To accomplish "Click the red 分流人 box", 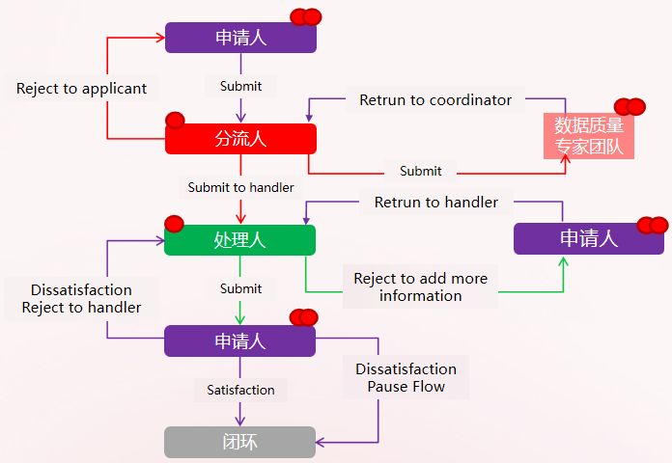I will point(240,139).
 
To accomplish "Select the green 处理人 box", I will point(239,240).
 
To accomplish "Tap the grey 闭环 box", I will point(239,442).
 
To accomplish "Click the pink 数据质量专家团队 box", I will point(589,137).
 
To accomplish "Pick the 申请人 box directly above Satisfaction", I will point(239,340).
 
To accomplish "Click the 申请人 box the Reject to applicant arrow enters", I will point(240,38).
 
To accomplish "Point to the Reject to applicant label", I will point(82,89).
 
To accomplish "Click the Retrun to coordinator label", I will point(435,99).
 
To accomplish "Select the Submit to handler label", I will point(240,187).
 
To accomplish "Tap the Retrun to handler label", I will point(436,202).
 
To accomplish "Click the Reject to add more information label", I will point(420,286).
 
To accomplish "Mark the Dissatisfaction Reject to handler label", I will point(81,298).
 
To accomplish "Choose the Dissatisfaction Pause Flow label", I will point(406,377).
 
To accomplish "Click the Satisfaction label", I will point(240,390).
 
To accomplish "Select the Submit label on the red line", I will point(420,171).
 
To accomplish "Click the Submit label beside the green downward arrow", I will point(240,288).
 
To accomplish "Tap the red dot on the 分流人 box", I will point(175,121).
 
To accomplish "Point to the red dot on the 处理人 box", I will point(174,224).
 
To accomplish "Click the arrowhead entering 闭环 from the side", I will point(322,442).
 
